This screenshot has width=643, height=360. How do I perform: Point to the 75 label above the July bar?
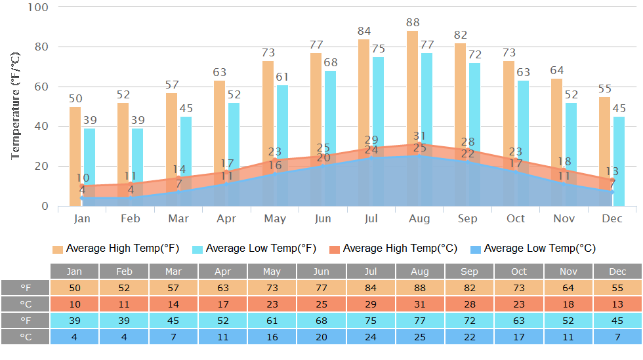[379, 49]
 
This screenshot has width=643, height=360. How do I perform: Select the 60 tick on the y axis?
[41, 87]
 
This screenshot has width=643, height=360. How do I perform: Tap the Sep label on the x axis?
[468, 218]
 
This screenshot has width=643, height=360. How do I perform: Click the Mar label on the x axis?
[178, 218]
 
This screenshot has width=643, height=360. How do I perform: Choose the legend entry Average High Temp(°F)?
[122, 249]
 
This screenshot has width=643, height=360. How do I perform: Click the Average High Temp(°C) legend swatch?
[334, 249]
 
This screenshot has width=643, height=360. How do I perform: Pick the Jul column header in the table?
[371, 271]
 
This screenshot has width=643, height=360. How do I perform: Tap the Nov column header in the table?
[568, 271]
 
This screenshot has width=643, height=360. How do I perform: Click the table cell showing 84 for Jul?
[371, 288]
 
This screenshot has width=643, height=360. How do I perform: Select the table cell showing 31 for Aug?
[420, 304]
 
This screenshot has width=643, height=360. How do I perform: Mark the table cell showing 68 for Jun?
[321, 321]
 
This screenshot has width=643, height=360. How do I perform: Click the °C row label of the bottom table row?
[26, 337]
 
